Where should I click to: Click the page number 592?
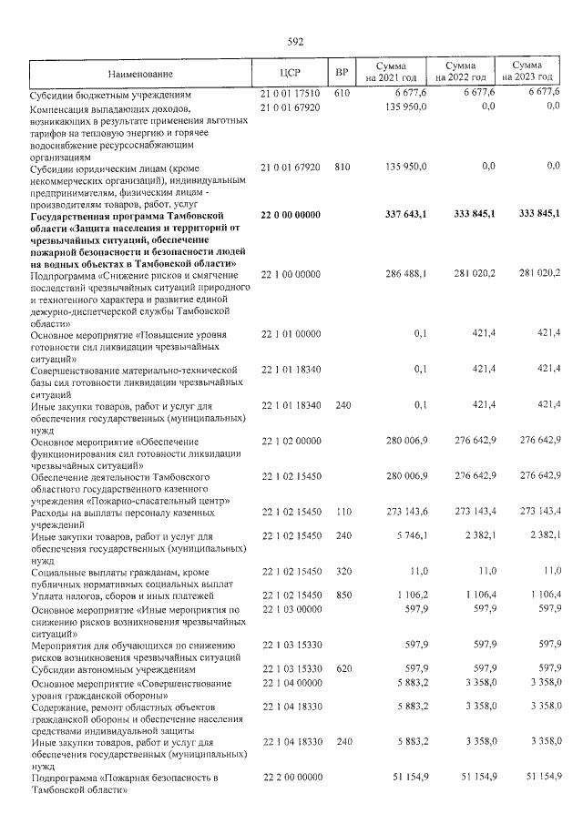293,41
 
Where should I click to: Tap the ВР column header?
342,73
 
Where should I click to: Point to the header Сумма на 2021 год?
392,73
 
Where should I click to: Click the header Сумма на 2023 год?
527,73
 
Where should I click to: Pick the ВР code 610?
342,93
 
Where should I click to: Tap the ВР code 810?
342,167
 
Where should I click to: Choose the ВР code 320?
342,573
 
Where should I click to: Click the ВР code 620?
342,667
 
